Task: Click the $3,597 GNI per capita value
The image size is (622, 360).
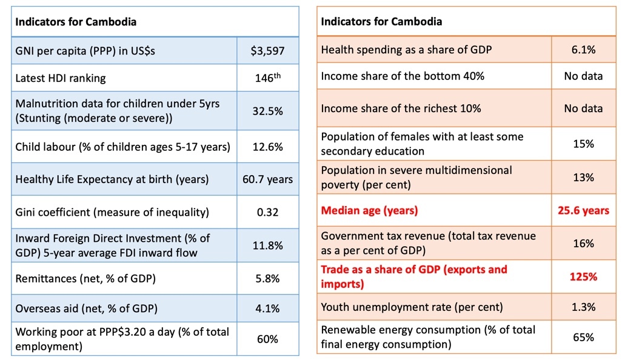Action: click(267, 51)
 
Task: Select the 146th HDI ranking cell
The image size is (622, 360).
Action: click(267, 78)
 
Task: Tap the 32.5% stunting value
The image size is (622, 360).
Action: click(267, 111)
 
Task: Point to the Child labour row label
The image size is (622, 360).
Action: click(122, 147)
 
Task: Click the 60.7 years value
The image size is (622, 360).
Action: click(267, 179)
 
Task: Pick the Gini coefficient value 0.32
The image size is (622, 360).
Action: click(267, 212)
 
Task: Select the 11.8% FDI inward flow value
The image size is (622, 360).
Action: click(267, 245)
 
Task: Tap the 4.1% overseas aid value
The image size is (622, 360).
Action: click(267, 308)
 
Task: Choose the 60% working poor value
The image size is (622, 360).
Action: click(267, 339)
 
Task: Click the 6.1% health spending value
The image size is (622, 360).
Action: click(583, 50)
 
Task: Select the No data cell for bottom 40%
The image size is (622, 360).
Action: click(583, 76)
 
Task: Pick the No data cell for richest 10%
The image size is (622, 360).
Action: click(583, 108)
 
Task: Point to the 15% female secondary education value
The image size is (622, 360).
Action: click(583, 144)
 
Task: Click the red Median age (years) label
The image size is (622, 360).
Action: click(369, 211)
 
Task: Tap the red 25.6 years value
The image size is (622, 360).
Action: click(583, 211)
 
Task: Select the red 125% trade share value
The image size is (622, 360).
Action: click(583, 276)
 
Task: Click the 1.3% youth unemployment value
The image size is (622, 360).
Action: click(583, 307)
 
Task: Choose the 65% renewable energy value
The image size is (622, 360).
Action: click(583, 337)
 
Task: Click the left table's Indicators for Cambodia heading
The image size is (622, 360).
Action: click(76, 22)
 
